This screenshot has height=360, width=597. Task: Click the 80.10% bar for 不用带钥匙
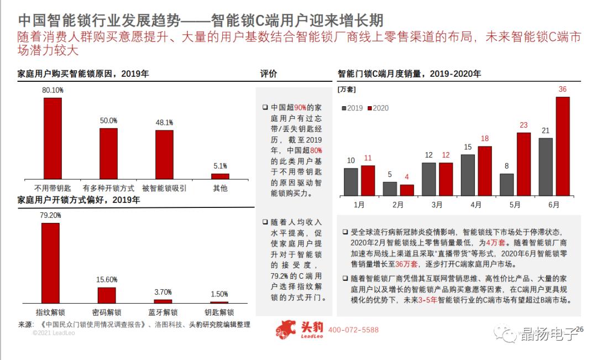tap(53, 138)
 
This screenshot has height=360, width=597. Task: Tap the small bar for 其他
tap(219, 176)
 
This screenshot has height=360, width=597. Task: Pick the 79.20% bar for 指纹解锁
tap(50, 263)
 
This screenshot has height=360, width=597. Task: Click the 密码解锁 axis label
tap(107, 312)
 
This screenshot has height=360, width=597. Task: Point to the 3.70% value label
tap(163, 292)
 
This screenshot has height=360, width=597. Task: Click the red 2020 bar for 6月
tap(562, 146)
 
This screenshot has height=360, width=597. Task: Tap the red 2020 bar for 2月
tap(406, 190)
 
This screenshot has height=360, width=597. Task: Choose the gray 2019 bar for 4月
tap(468, 175)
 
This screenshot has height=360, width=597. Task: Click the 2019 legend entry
tap(352, 108)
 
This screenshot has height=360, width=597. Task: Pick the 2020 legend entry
tap(378, 108)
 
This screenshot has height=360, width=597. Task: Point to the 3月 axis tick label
tap(437, 205)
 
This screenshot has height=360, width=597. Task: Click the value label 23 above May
tap(523, 126)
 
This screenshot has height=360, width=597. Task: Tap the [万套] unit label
tap(347, 88)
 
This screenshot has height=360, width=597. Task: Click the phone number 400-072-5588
tap(353, 330)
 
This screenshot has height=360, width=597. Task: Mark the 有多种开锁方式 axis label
tap(108, 188)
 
